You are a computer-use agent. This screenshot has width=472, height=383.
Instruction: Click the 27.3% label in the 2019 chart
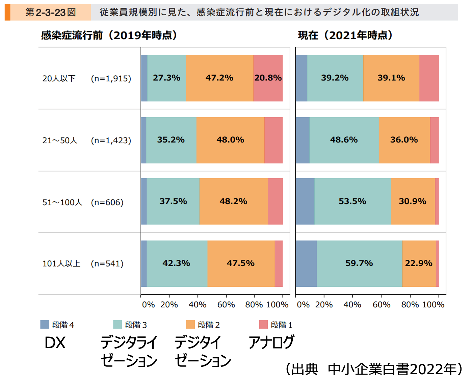[166, 78]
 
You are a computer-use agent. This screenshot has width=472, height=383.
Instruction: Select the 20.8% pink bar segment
[268, 78]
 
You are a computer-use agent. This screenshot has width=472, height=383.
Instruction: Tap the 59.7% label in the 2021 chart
[359, 263]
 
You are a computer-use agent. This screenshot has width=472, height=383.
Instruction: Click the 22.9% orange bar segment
[419, 263]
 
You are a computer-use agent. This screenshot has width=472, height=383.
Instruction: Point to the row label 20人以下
[59, 78]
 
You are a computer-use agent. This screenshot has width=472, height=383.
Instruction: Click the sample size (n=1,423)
[111, 140]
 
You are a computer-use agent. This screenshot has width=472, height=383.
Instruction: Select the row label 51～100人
[62, 202]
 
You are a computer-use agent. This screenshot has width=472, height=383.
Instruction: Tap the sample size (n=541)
[107, 263]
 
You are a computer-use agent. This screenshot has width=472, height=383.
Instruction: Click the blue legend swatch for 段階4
[45, 324]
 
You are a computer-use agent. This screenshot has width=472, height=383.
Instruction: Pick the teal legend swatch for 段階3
[117, 324]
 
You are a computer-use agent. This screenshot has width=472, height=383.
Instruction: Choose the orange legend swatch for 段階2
[190, 324]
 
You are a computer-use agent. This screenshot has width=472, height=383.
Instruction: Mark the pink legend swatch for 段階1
[263, 324]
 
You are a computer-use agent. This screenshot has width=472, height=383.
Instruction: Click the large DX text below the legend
[55, 343]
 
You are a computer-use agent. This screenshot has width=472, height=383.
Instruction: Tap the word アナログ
[271, 342]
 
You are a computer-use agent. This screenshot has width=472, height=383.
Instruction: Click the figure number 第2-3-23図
[51, 12]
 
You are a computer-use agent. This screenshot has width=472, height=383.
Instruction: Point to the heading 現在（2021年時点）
[345, 35]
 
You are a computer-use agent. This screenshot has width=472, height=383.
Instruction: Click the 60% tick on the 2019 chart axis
[226, 305]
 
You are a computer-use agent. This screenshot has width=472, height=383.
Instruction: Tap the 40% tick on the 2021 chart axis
[352, 305]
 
